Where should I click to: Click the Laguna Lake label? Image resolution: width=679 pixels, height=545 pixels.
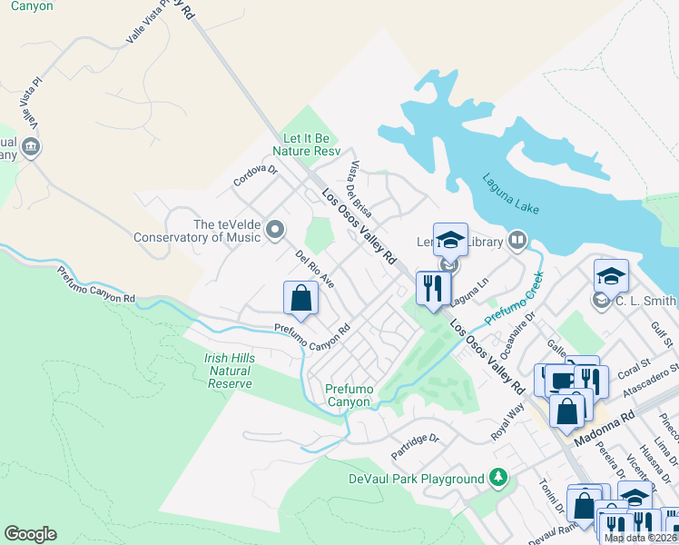(511, 193)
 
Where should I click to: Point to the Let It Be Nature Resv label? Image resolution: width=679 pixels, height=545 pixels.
(310, 144)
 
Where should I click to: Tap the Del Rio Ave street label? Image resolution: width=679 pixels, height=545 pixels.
(315, 271)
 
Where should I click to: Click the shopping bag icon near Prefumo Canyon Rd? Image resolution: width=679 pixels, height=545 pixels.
(300, 298)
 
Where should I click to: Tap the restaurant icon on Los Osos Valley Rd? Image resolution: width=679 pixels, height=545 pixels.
(433, 288)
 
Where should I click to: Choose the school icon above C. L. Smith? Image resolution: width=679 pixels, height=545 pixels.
(611, 275)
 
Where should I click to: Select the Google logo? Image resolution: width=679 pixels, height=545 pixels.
(30, 534)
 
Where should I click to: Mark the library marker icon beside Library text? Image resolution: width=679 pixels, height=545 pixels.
(517, 241)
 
